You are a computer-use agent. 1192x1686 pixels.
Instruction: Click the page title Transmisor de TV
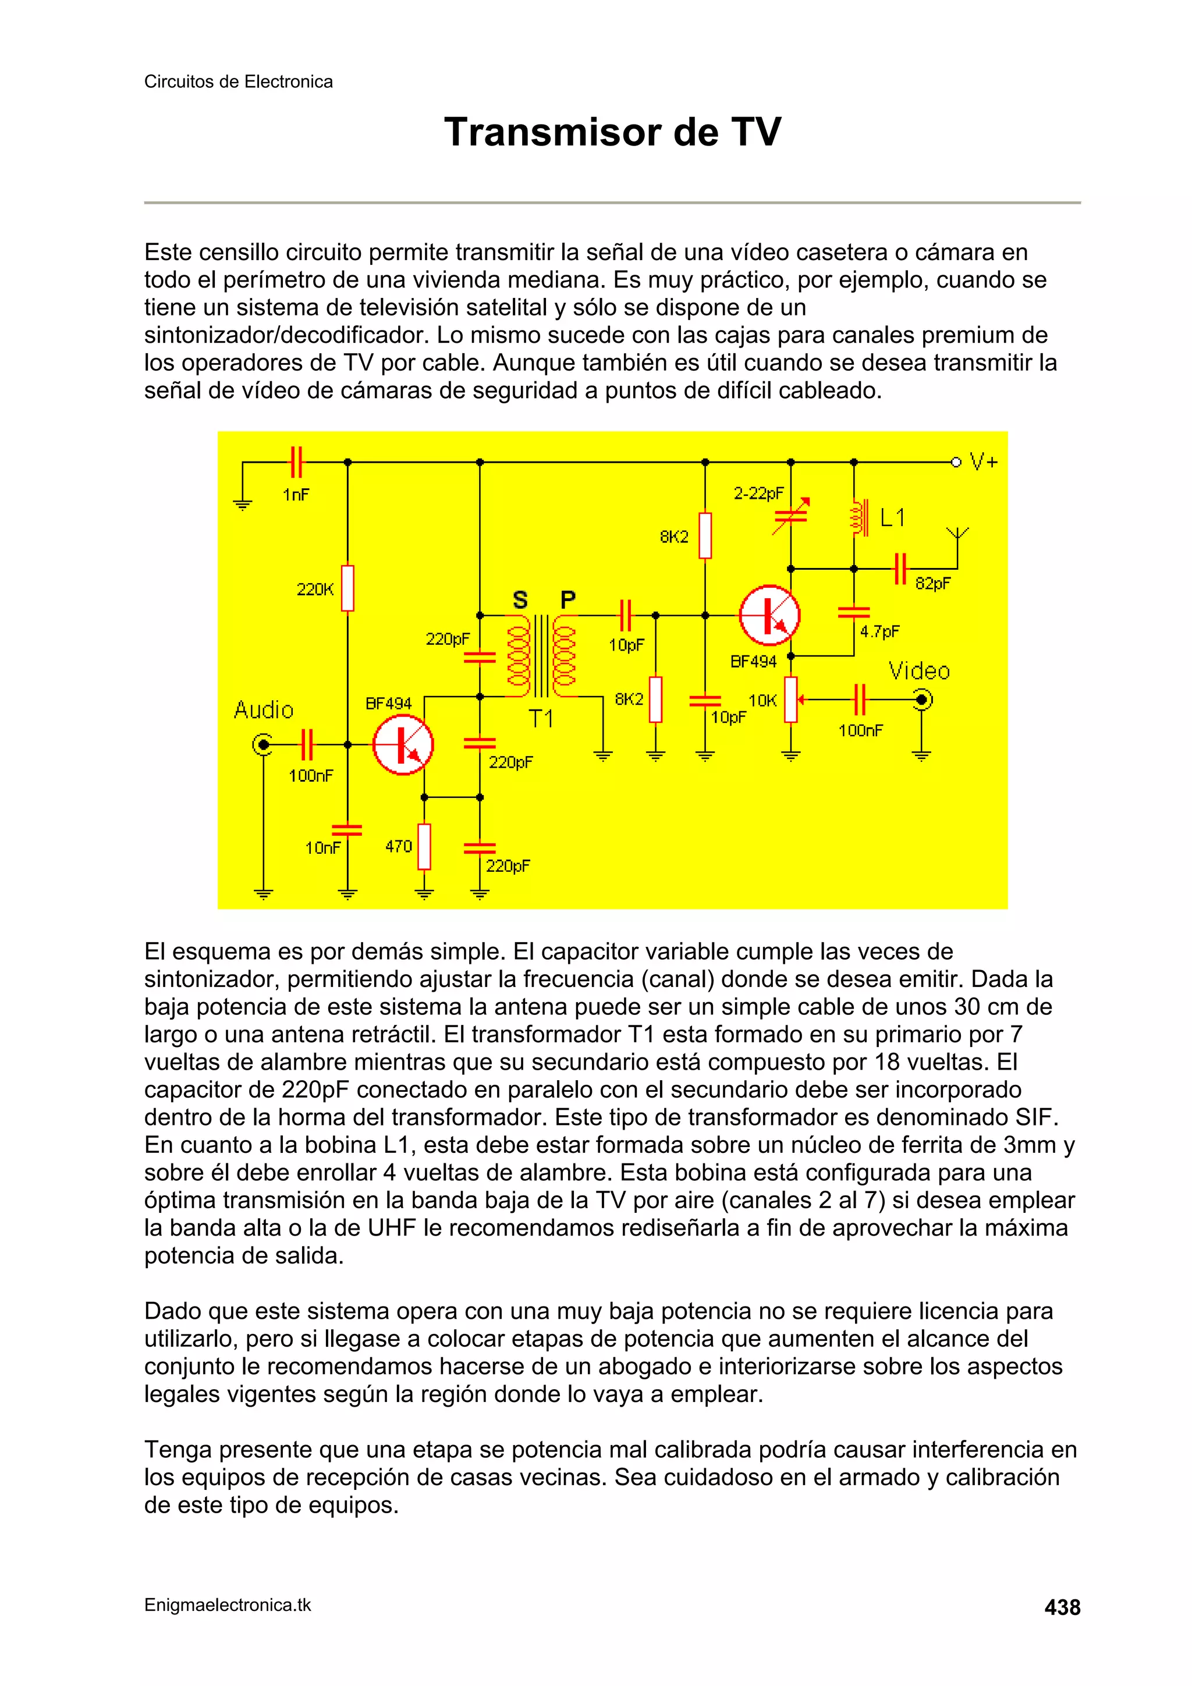point(612,132)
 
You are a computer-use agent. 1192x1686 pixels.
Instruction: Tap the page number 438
point(1062,1607)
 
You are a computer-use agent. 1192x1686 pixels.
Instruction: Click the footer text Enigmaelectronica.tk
point(228,1605)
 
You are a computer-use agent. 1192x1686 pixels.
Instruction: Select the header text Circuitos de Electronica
point(238,81)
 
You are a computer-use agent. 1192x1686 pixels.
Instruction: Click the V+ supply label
point(984,462)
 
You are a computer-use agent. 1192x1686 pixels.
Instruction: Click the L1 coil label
point(892,519)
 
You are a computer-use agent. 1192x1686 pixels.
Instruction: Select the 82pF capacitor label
point(933,584)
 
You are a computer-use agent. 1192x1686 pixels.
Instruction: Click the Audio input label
point(264,710)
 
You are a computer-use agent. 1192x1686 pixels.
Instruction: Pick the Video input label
point(919,671)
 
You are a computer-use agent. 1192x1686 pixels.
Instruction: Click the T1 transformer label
point(541,719)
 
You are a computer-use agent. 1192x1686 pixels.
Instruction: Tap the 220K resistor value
point(315,589)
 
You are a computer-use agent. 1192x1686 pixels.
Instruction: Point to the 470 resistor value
point(399,847)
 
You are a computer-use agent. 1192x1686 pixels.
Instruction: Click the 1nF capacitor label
point(296,495)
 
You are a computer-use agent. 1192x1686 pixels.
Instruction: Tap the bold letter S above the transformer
point(520,600)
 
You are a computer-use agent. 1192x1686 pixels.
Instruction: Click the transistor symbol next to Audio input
point(402,744)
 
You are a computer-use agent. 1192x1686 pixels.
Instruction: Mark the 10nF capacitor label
point(323,848)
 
